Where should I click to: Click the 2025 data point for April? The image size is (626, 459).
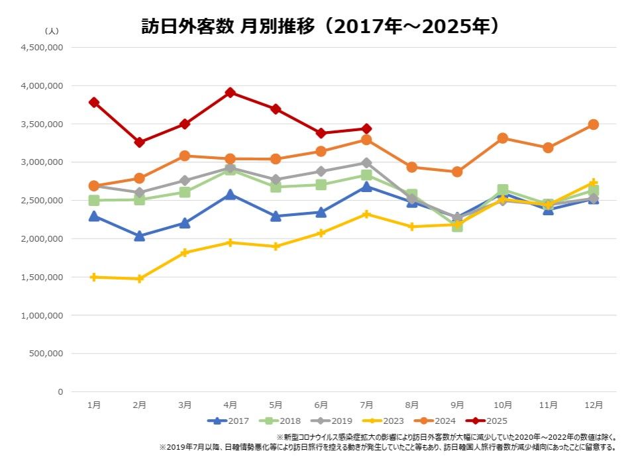pyautogui.click(x=230, y=93)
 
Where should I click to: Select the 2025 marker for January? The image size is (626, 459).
pyautogui.click(x=94, y=103)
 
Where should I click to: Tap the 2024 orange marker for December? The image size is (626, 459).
pyautogui.click(x=594, y=125)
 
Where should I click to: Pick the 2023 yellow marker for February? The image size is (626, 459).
pyautogui.click(x=139, y=279)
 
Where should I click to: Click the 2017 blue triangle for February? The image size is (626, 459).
pyautogui.click(x=139, y=236)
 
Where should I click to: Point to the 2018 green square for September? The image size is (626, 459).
pyautogui.click(x=457, y=227)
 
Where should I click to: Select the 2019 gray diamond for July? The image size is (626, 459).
pyautogui.click(x=366, y=163)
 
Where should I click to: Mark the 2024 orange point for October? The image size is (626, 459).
pyautogui.click(x=503, y=138)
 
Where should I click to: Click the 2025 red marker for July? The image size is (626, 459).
pyautogui.click(x=366, y=128)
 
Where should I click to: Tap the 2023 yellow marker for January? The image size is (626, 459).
pyautogui.click(x=94, y=277)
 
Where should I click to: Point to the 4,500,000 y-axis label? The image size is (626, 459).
pyautogui.click(x=41, y=48)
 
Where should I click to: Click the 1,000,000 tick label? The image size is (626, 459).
pyautogui.click(x=41, y=315)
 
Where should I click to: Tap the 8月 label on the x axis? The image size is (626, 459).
pyautogui.click(x=411, y=405)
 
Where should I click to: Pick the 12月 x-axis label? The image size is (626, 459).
pyautogui.click(x=594, y=405)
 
